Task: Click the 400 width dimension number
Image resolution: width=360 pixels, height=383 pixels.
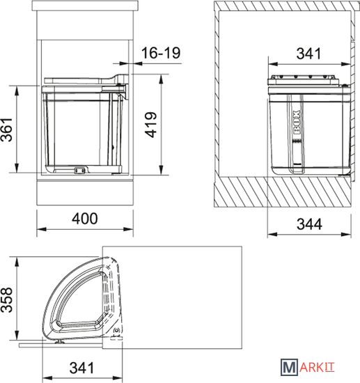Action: (x=85, y=219)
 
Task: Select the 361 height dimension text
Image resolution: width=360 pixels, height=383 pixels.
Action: (x=6, y=130)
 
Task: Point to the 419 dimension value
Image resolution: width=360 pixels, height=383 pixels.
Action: (x=150, y=125)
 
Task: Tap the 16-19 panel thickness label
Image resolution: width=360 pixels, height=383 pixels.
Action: (x=161, y=53)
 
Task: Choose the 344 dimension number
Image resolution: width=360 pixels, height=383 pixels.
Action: (x=309, y=224)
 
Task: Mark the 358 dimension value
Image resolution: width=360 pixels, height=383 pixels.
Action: (x=6, y=299)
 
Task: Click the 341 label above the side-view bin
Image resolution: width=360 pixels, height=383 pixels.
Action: (x=308, y=54)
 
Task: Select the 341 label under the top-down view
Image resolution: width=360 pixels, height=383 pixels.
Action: (x=81, y=368)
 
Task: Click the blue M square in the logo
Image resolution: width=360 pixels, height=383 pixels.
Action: (x=290, y=367)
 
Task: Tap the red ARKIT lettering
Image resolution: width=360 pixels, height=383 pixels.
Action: (x=317, y=368)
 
